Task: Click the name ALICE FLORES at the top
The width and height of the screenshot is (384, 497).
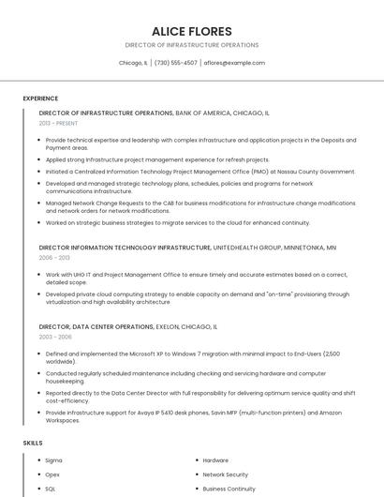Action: (x=191, y=31)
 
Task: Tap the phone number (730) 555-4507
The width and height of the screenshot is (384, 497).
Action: (x=176, y=63)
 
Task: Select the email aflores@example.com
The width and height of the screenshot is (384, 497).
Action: (x=234, y=63)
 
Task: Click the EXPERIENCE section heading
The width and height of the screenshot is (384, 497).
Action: (x=40, y=98)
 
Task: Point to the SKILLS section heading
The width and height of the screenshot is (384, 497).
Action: (x=33, y=442)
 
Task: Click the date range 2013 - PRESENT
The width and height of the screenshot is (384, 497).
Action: (x=58, y=123)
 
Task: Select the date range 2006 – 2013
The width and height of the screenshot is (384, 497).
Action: (x=54, y=257)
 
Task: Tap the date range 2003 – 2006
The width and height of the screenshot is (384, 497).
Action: (x=55, y=336)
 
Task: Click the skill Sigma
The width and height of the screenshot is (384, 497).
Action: (x=54, y=460)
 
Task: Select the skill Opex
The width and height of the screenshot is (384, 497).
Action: (x=53, y=474)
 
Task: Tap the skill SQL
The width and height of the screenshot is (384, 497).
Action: (x=52, y=489)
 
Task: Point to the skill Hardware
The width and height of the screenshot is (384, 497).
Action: (x=215, y=460)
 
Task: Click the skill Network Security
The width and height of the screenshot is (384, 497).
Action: (x=226, y=474)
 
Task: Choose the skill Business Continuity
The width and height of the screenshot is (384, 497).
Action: (x=229, y=489)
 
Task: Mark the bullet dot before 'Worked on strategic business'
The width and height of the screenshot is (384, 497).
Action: (x=37, y=223)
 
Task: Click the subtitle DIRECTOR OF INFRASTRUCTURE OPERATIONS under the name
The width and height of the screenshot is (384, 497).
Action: (x=191, y=45)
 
